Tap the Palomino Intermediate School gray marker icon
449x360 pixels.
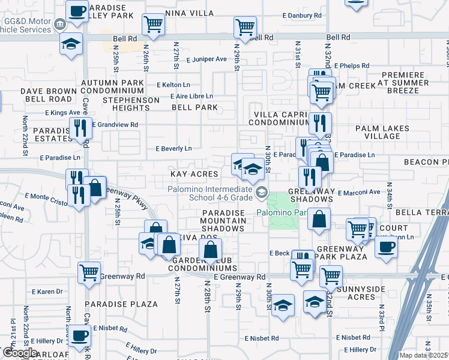(261, 193)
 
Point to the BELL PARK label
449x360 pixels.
(194, 107)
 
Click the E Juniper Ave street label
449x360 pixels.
(206, 59)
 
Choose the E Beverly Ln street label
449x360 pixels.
(173, 148)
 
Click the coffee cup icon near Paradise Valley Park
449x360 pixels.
(77, 11)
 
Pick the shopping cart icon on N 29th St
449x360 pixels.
(245, 26)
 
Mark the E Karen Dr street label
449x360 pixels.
(50, 292)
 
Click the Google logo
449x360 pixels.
(20, 353)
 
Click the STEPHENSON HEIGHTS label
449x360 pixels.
(131, 104)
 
